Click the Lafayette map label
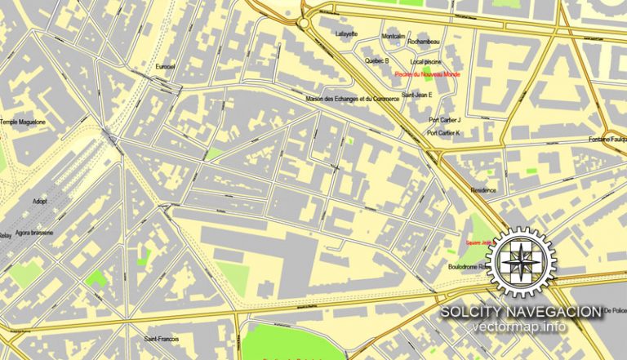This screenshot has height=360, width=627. coord(347,33)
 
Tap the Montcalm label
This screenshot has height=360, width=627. coord(394,37)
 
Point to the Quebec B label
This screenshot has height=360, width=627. coord(376,60)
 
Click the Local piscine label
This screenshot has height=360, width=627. coord(426,61)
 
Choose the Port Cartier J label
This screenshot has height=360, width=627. coord(445,120)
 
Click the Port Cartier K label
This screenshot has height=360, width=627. coord(444,133)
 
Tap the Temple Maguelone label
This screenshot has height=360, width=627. coord(23,122)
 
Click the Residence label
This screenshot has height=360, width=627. coord(483,189)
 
